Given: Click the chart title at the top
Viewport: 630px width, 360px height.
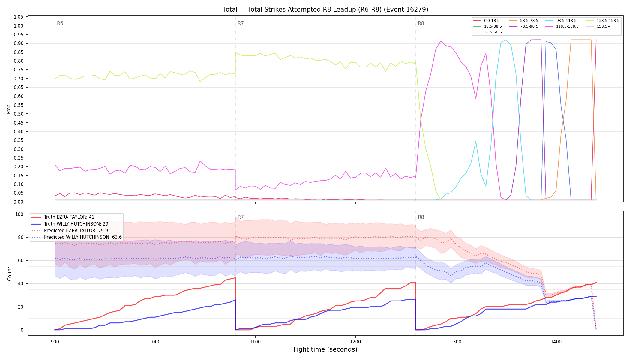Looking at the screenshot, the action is click(325, 10).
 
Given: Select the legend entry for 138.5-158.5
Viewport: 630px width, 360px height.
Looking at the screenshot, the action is click(602, 21).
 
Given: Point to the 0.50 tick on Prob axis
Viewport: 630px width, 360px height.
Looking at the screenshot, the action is click(19, 114).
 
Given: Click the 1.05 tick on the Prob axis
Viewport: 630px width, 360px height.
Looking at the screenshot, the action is click(19, 17).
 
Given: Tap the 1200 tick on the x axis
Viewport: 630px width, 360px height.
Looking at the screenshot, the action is click(355, 342).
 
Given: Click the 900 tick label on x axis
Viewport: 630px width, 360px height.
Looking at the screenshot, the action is click(55, 342).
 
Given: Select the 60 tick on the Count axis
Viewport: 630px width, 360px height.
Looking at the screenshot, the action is click(21, 261).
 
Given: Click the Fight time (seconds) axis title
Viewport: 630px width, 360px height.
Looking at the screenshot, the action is click(325, 349).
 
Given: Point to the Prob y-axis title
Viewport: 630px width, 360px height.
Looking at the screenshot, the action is click(9, 109).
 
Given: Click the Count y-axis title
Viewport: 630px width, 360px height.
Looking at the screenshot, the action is click(10, 274).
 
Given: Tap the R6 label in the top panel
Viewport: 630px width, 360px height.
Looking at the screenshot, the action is click(60, 23).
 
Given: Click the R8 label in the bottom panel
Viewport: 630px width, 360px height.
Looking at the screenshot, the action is click(421, 217).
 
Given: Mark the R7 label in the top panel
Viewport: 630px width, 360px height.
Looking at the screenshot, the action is click(241, 23).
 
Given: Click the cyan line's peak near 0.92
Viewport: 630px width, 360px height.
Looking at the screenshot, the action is click(506, 40).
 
